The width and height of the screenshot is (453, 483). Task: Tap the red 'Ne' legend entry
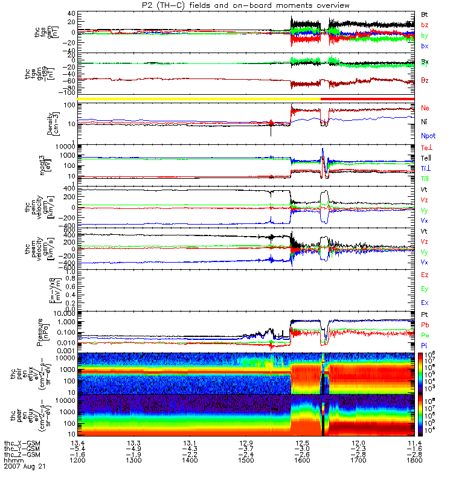(x=425, y=107)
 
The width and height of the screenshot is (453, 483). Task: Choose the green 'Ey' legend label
(x=425, y=289)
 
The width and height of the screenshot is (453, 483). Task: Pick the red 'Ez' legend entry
(x=425, y=275)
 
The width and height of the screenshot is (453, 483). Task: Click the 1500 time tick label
(x=246, y=461)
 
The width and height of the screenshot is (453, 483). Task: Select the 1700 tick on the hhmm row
(x=358, y=461)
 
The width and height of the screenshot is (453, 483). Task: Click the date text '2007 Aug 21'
(x=24, y=467)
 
